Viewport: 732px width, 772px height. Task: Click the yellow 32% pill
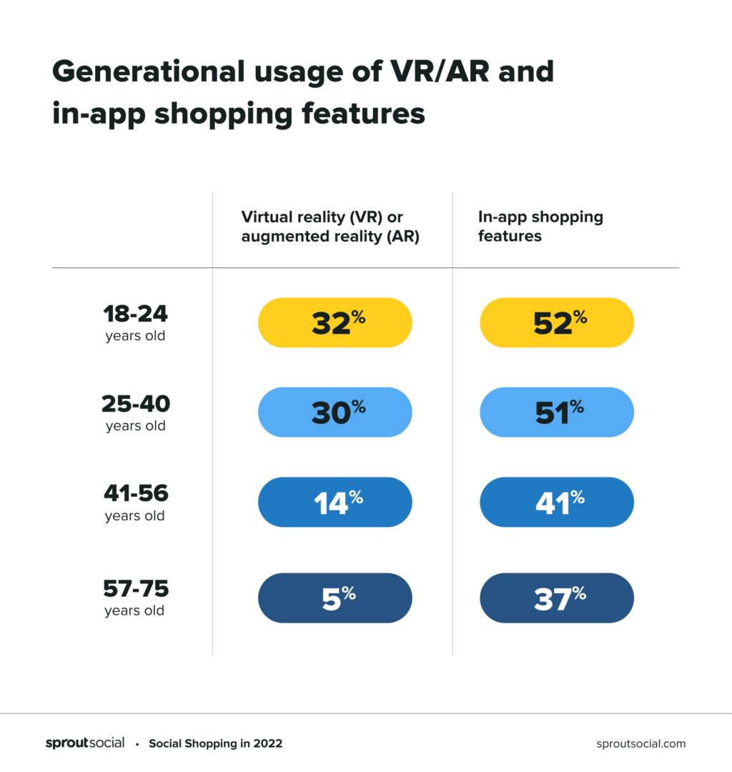(x=335, y=322)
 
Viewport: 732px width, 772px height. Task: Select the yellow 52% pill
(x=557, y=322)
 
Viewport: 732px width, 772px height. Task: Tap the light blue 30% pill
(x=335, y=412)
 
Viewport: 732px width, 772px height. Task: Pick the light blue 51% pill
(x=557, y=412)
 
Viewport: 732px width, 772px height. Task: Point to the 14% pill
(x=335, y=502)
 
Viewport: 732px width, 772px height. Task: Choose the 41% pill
(x=557, y=502)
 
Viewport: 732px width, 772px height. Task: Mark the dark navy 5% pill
(x=335, y=598)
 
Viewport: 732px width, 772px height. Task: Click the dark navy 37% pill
(x=557, y=598)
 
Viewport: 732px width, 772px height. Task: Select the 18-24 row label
(x=135, y=322)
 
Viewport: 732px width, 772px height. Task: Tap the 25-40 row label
(x=135, y=412)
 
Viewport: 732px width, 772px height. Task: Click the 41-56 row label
(x=135, y=502)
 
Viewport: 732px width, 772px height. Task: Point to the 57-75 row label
(x=135, y=598)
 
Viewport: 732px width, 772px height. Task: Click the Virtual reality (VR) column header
(x=330, y=227)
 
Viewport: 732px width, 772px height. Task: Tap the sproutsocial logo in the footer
(x=85, y=743)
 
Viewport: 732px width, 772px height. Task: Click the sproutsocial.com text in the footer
(x=640, y=743)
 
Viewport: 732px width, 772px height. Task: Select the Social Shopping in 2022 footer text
(x=215, y=743)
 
